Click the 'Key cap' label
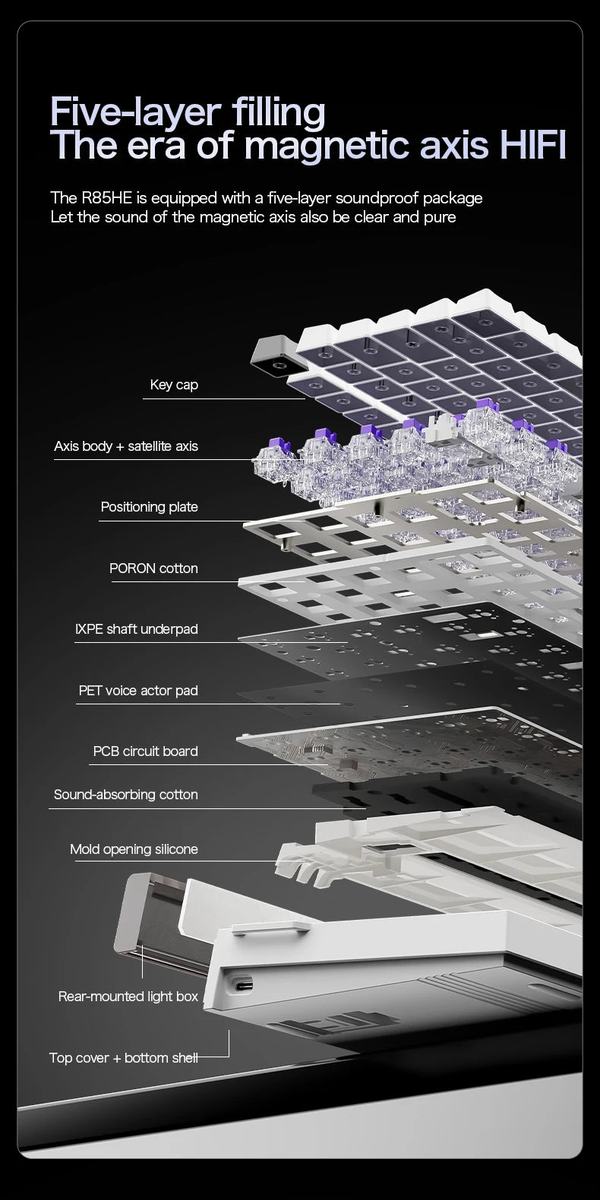174,385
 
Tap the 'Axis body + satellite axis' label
126,446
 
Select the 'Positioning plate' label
149,507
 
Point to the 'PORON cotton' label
153,568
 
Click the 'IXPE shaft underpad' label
136,629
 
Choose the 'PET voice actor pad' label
137,691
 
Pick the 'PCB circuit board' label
145,751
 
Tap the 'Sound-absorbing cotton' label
125,795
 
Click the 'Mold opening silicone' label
134,849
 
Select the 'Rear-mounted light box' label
128,997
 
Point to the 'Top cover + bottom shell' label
123,1057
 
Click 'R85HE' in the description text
106,198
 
